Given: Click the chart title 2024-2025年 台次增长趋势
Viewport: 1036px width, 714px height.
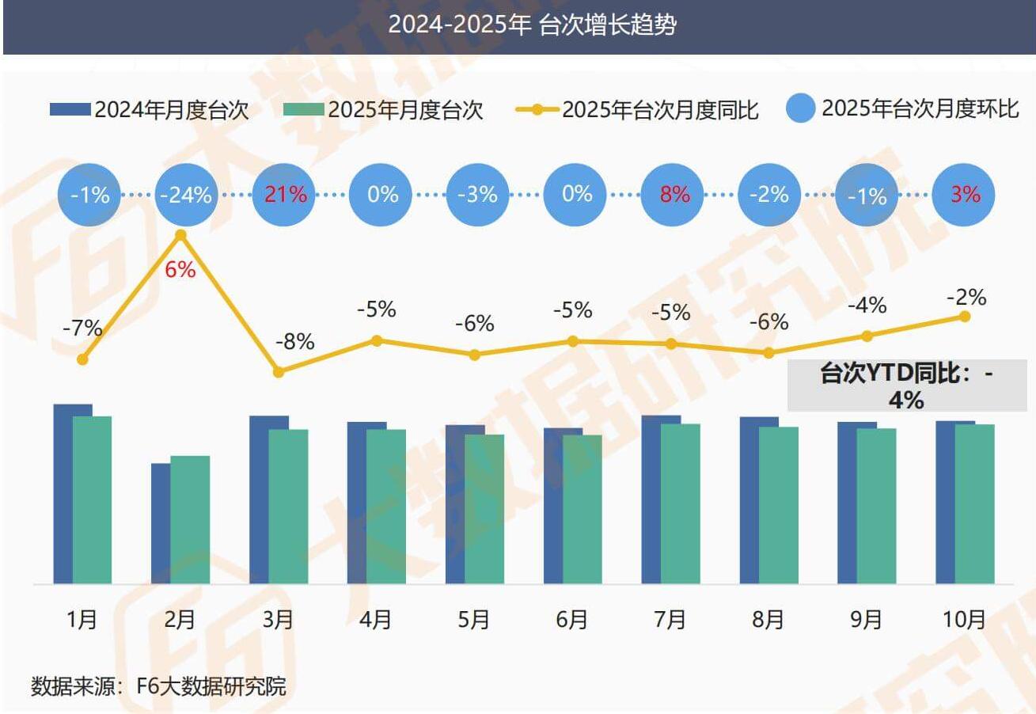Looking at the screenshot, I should [532, 26].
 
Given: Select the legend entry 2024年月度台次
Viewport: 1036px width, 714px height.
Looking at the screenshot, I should [150, 110].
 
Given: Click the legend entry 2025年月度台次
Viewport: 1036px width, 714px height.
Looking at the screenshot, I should [383, 110].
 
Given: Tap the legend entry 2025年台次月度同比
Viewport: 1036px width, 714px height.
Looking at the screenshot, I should [637, 110].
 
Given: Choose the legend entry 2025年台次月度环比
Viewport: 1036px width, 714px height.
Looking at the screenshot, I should [903, 108].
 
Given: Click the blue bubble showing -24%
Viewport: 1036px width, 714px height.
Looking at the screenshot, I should [186, 194].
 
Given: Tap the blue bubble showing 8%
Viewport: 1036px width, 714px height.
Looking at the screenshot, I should [674, 194].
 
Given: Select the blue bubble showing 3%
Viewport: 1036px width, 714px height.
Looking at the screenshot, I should [965, 194].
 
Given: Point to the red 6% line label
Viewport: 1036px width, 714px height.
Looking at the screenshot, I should [180, 269].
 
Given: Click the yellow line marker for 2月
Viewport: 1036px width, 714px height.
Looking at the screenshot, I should [180, 235].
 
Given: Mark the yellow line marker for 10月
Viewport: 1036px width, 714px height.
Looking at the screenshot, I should [965, 316].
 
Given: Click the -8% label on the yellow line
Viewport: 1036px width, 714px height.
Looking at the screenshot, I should [294, 342].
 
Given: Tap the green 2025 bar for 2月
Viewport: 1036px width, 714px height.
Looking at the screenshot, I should [190, 519].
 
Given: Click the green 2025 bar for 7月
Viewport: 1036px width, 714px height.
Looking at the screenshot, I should [680, 503].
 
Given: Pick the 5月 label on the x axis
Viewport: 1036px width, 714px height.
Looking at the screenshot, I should [473, 619].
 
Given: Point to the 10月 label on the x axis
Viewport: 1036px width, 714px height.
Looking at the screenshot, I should [965, 619].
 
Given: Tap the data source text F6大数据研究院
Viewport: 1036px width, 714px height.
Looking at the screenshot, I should [158, 686].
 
